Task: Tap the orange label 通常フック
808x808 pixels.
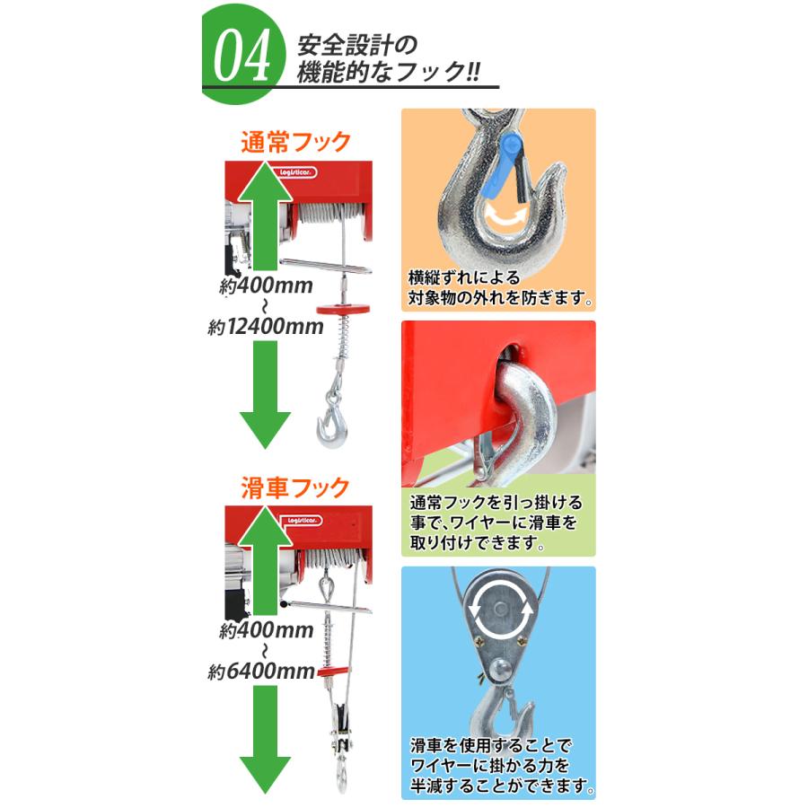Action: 294,142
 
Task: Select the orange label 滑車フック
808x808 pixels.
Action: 294,488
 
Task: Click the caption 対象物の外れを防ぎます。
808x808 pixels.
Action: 499,296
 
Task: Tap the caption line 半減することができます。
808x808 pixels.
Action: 499,786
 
